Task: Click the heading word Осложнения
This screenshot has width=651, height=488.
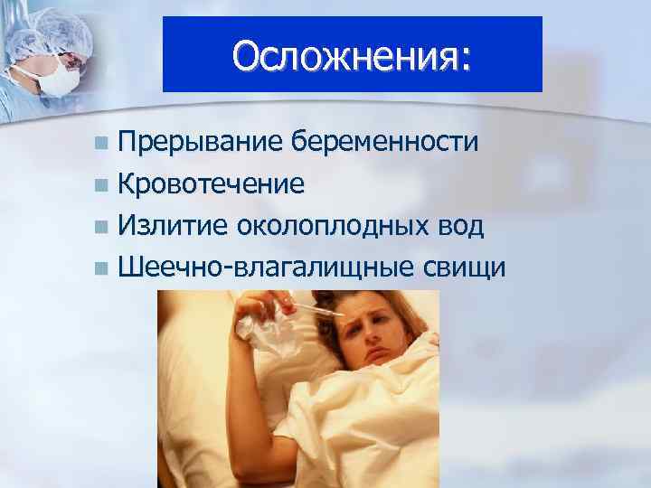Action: point(344,55)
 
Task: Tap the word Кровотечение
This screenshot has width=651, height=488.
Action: point(211,184)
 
